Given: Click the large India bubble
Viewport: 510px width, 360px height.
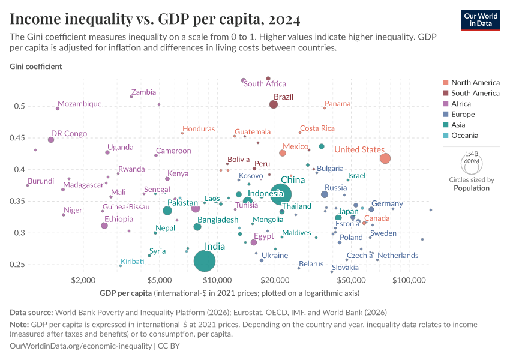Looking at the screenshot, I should [205, 261].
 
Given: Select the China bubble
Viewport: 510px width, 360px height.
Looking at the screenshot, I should [281, 194].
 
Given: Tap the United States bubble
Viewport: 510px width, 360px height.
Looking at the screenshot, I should [385, 158].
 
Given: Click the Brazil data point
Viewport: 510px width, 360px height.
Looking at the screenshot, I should [274, 104].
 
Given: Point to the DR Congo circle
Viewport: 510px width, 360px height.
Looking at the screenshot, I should [51, 140].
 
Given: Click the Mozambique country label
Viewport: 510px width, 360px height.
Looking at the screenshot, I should [80, 104].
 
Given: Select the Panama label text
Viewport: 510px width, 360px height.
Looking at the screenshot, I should [337, 104].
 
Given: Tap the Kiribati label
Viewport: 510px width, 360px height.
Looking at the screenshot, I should [132, 262].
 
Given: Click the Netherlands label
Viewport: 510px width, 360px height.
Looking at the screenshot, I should [398, 256].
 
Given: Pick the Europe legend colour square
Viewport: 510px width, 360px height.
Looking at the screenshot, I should [445, 115].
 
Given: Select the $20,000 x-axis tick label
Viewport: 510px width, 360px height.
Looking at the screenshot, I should [275, 280].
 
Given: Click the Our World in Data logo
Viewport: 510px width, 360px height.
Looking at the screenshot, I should [481, 19].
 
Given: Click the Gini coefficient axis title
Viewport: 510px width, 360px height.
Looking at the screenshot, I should [35, 66].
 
